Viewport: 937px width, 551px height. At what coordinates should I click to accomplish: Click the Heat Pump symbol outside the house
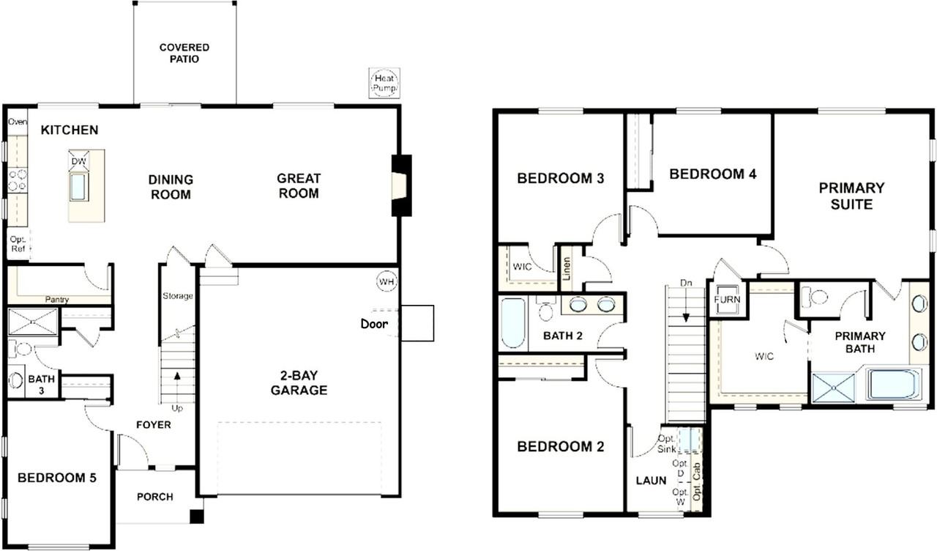[384, 83]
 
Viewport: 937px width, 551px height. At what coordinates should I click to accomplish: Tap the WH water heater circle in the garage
[387, 281]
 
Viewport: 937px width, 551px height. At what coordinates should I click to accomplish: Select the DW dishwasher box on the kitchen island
[78, 160]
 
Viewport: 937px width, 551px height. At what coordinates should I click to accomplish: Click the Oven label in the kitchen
[17, 122]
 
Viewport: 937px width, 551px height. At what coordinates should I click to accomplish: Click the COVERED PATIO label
[184, 53]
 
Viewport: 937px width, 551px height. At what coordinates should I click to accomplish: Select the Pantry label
[57, 300]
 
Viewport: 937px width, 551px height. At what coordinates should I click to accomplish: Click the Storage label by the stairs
[178, 296]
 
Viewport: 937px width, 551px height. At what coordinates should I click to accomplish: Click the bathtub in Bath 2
[512, 323]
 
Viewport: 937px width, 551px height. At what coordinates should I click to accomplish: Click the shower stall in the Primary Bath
[834, 386]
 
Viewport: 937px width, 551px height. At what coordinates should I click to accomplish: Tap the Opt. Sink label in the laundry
[666, 443]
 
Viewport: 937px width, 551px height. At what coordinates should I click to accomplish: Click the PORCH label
[155, 497]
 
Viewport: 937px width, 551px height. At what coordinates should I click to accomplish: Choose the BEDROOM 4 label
[712, 174]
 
